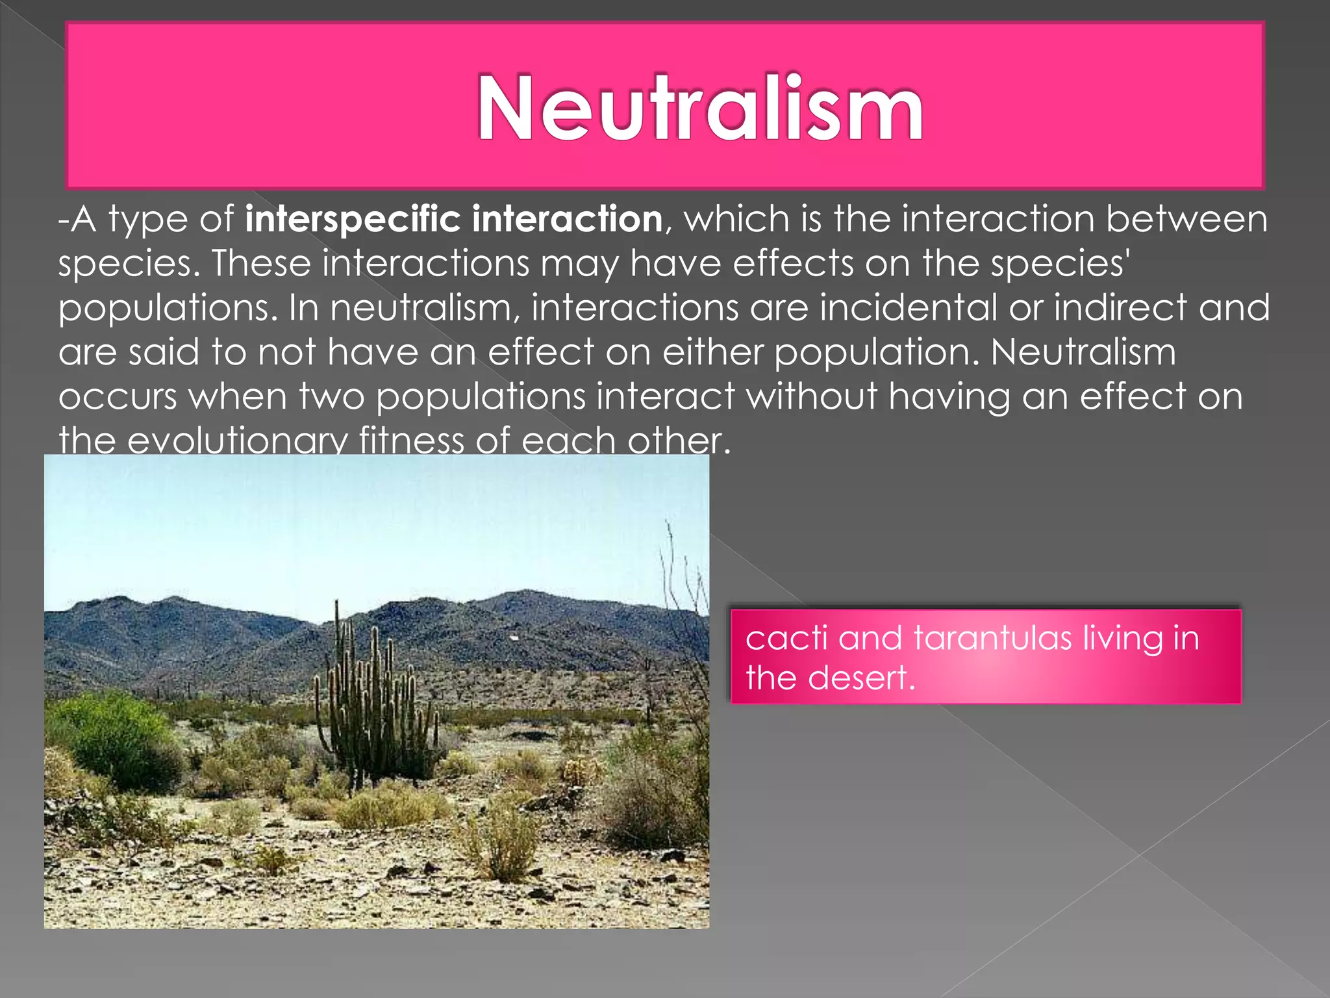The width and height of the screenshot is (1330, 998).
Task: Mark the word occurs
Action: click(118, 396)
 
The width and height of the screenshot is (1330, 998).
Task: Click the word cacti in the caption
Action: click(786, 638)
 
